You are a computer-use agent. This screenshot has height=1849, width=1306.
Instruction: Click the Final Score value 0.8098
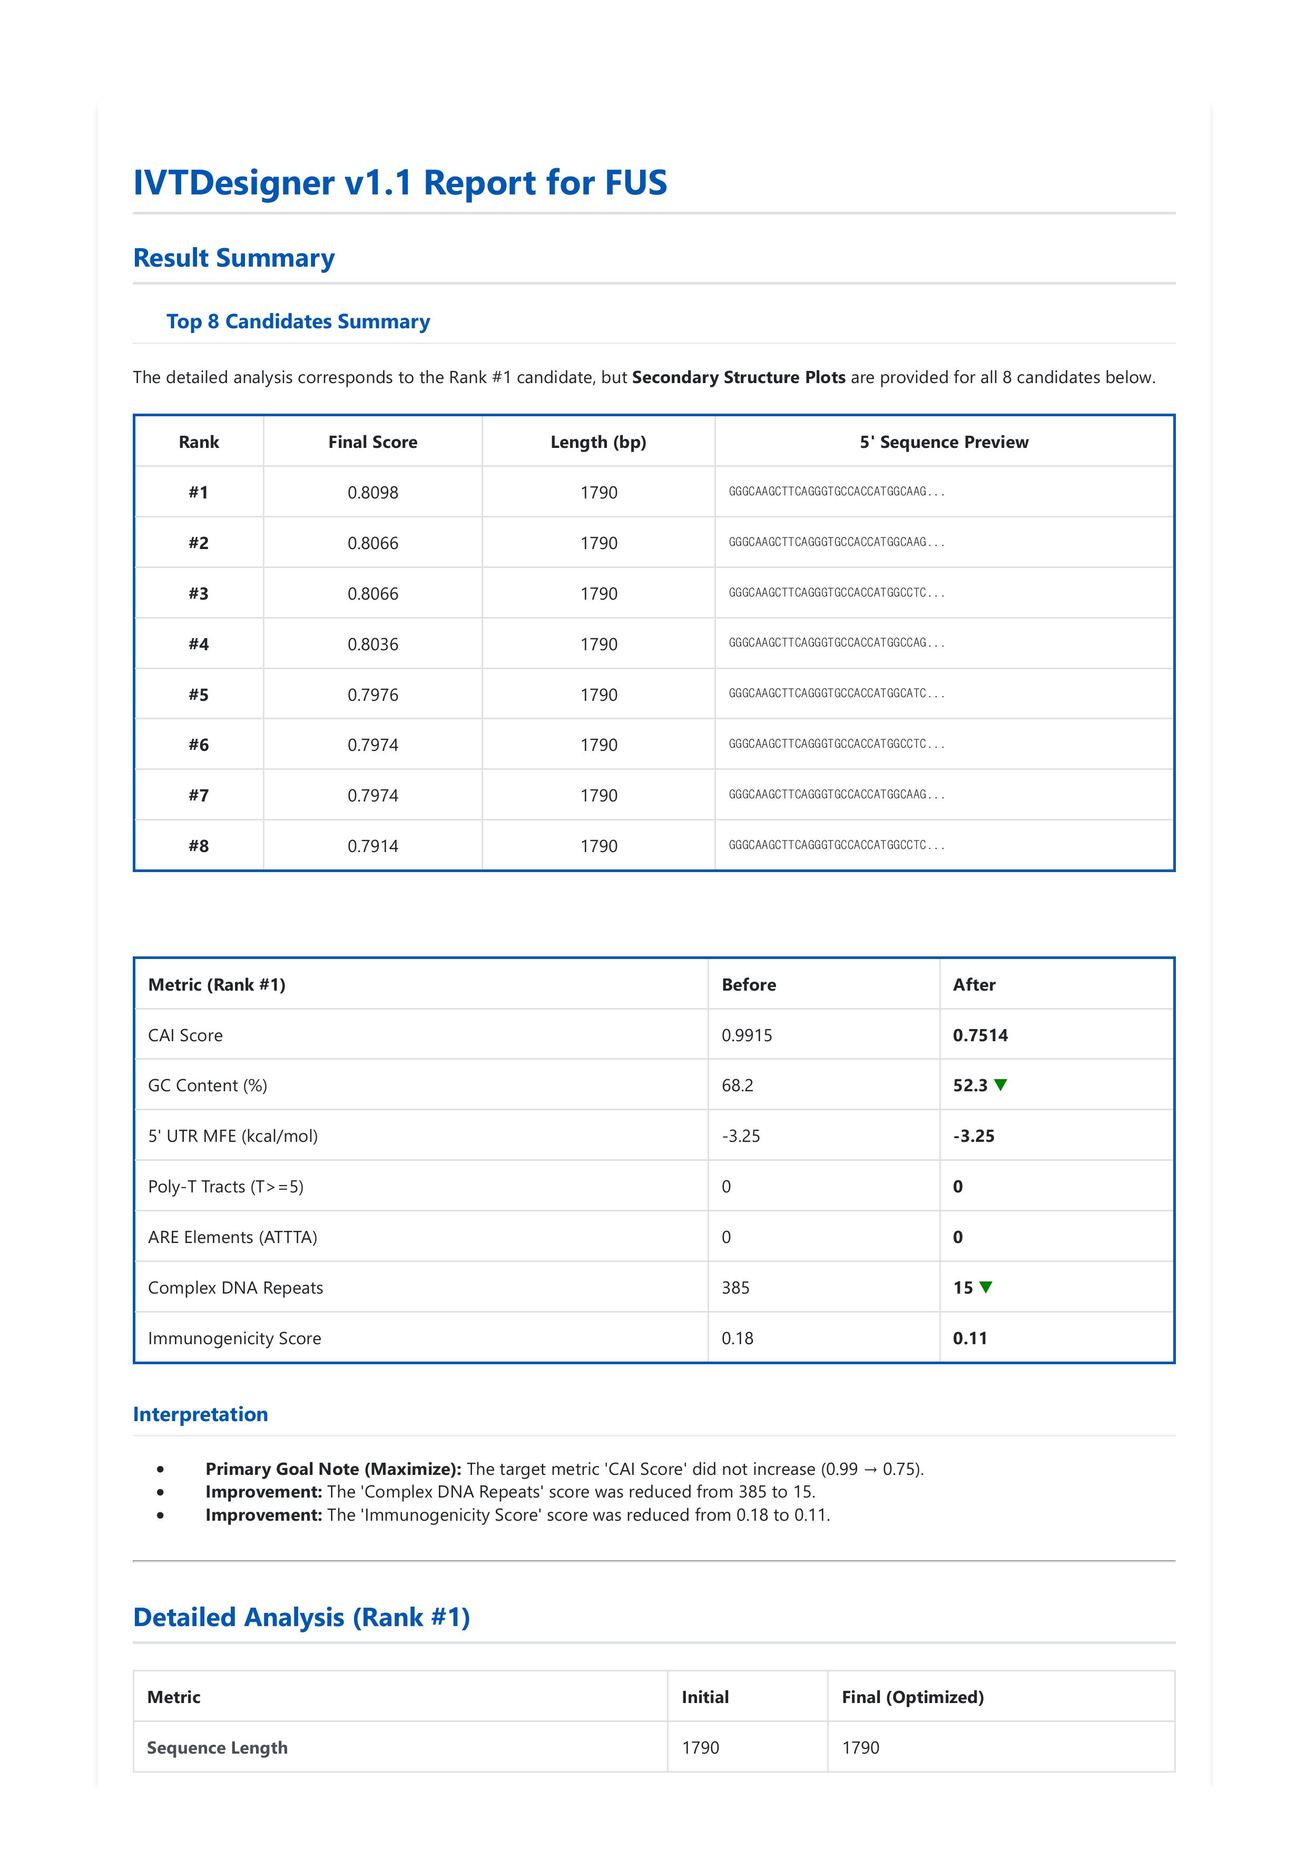(373, 493)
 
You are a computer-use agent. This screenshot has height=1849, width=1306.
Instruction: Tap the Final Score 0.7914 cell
(373, 846)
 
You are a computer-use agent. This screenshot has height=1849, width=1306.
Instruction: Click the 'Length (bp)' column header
(598, 442)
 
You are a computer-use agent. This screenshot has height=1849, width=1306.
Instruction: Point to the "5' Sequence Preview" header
(944, 442)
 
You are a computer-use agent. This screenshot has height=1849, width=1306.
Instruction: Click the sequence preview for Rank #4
(836, 643)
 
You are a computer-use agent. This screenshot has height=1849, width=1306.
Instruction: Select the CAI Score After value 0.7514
(980, 1035)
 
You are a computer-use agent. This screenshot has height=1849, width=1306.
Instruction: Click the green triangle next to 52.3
(1001, 1085)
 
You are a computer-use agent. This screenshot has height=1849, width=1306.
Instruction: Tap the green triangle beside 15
(986, 1287)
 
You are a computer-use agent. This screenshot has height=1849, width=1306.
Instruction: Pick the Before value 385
(735, 1288)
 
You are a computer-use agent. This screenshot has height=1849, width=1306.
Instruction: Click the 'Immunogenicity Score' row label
(234, 1338)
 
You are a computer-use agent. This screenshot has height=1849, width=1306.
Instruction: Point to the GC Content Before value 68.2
(737, 1085)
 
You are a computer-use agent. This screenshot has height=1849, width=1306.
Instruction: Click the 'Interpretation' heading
(201, 1414)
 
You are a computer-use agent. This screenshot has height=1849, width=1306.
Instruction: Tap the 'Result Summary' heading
(233, 259)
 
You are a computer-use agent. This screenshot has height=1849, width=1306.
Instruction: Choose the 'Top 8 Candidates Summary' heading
(298, 321)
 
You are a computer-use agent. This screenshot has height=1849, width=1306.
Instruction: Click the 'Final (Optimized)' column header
(912, 1698)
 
